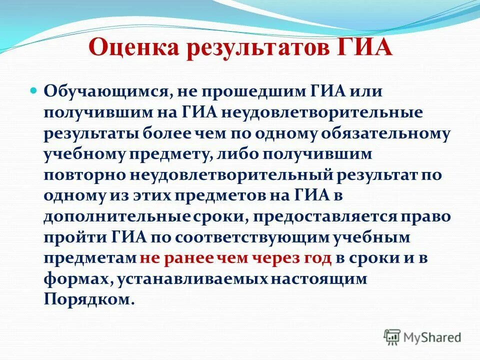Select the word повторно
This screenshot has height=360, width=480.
(x=85, y=175)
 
